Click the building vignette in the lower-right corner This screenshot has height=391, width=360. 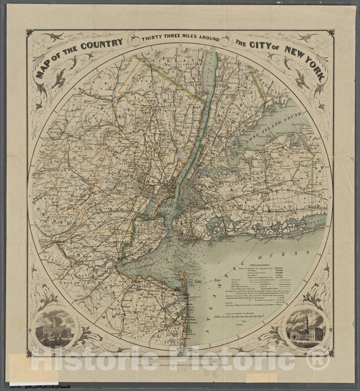[305, 330]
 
